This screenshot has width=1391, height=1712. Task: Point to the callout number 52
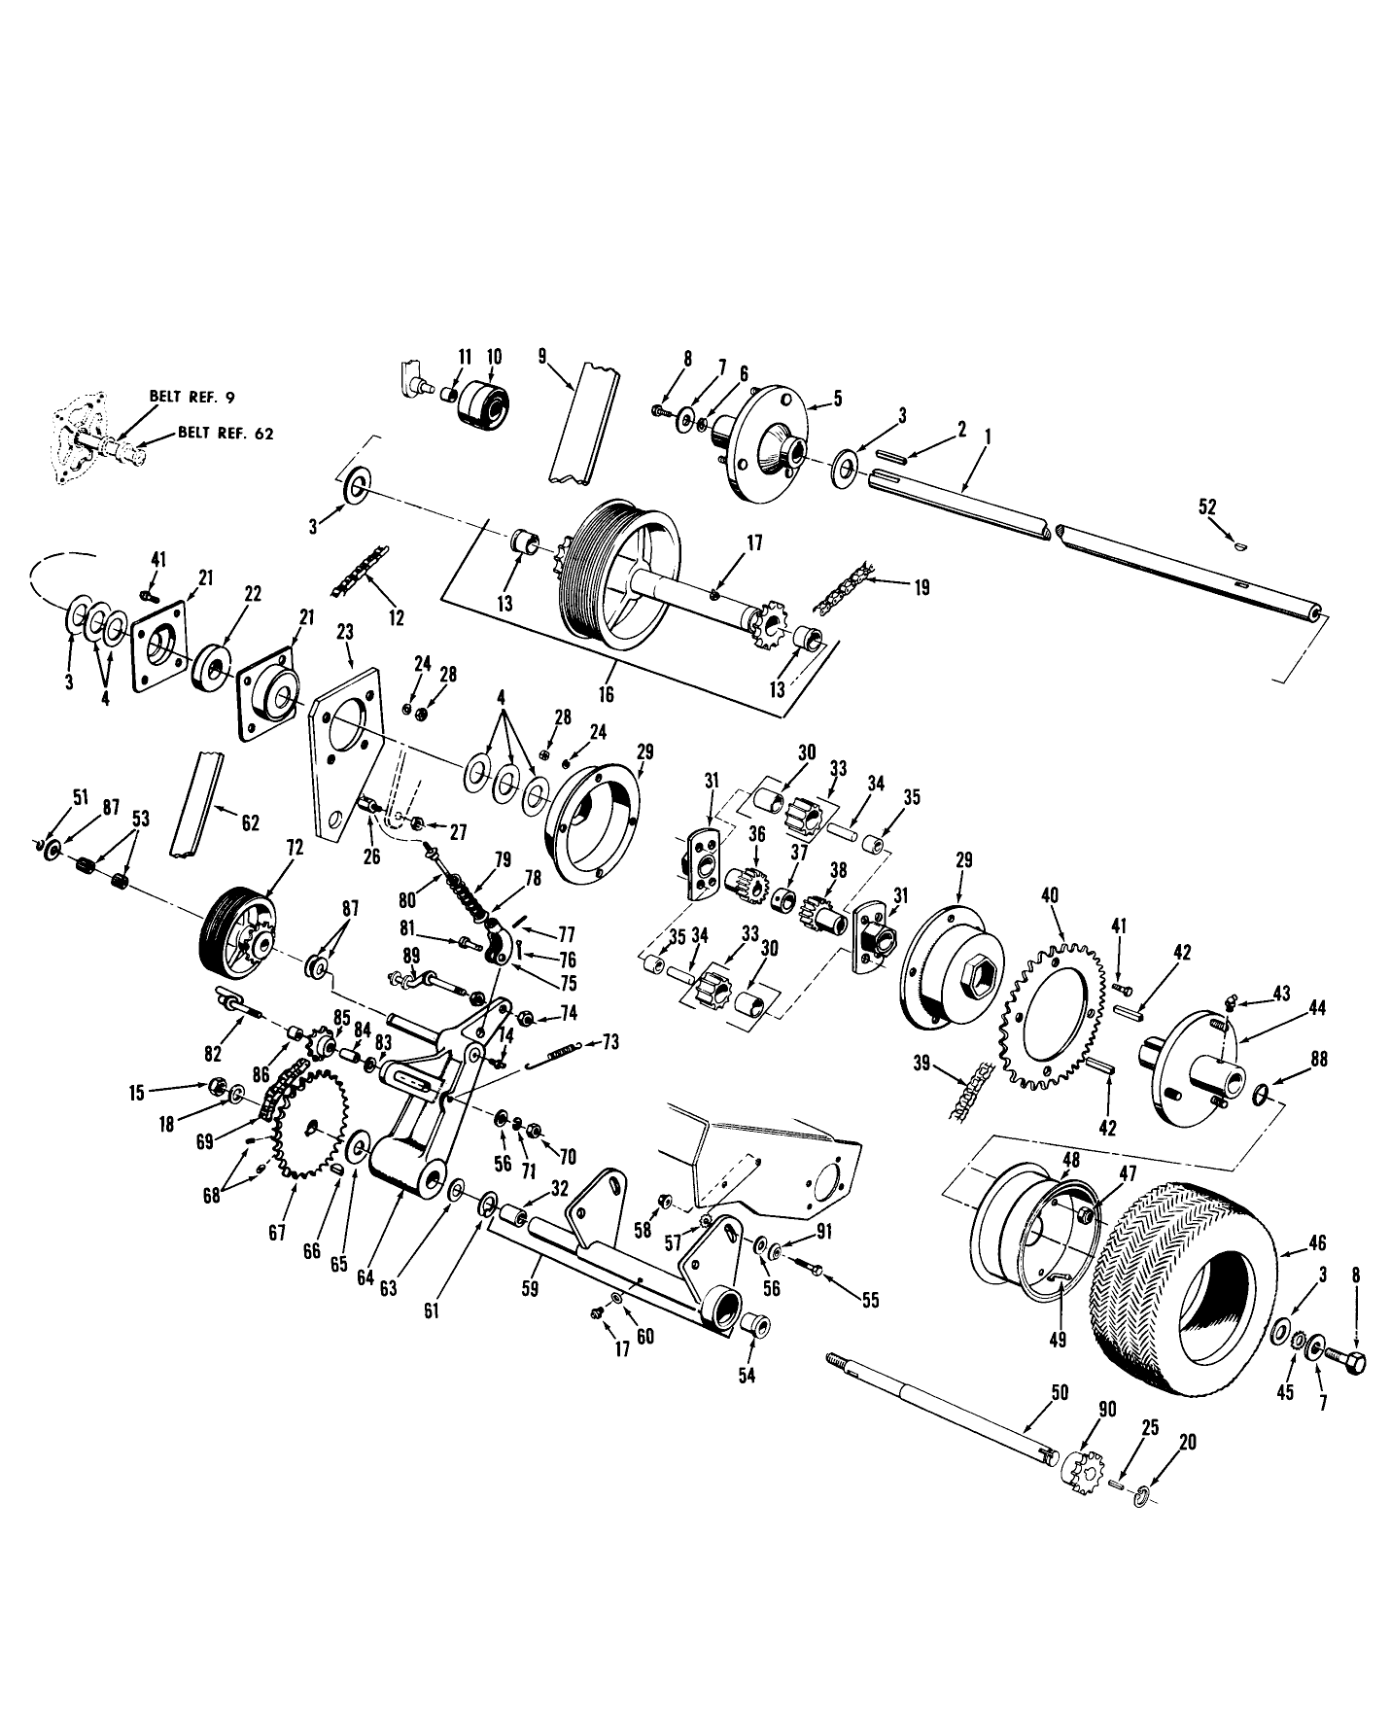point(1207,507)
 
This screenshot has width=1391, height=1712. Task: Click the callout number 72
point(295,848)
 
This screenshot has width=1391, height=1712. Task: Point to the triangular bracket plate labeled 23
point(345,749)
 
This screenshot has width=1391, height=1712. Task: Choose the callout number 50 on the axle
point(1061,1393)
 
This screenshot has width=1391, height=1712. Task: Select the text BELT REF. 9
point(192,397)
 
